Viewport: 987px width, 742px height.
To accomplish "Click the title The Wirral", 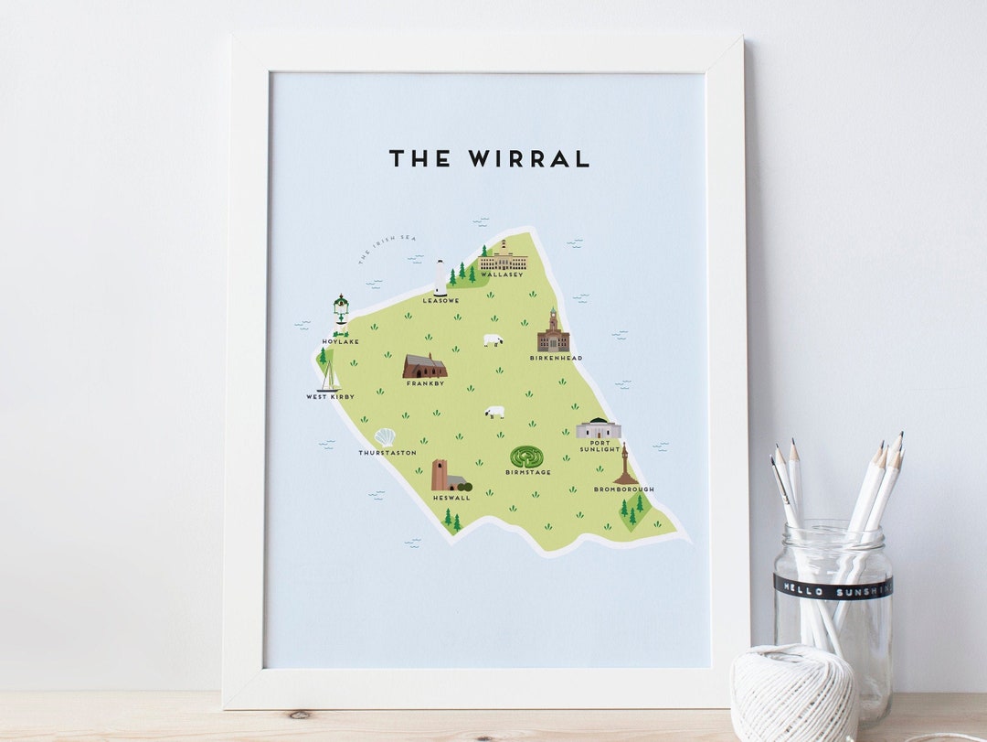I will point(490,158).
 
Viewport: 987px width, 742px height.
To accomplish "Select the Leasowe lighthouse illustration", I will point(440,277).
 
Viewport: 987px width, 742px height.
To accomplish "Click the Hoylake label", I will point(340,342).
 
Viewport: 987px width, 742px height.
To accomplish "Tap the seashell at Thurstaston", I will point(385,437).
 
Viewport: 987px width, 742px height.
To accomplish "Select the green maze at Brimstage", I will point(526,457).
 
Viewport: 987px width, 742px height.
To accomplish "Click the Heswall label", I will point(451,498).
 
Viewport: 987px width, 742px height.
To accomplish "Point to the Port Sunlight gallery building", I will point(598,428).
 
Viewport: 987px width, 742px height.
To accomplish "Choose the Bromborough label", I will point(623,489).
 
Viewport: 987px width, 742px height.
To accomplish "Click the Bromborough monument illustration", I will point(625,465).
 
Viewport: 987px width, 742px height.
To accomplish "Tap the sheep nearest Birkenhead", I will point(493,340).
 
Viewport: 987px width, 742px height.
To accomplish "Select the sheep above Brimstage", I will point(494,412).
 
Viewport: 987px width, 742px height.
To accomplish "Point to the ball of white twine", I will point(792,693).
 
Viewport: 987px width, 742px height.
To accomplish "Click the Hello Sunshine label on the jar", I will point(832,585).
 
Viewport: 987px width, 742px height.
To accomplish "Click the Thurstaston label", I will point(387,453).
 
